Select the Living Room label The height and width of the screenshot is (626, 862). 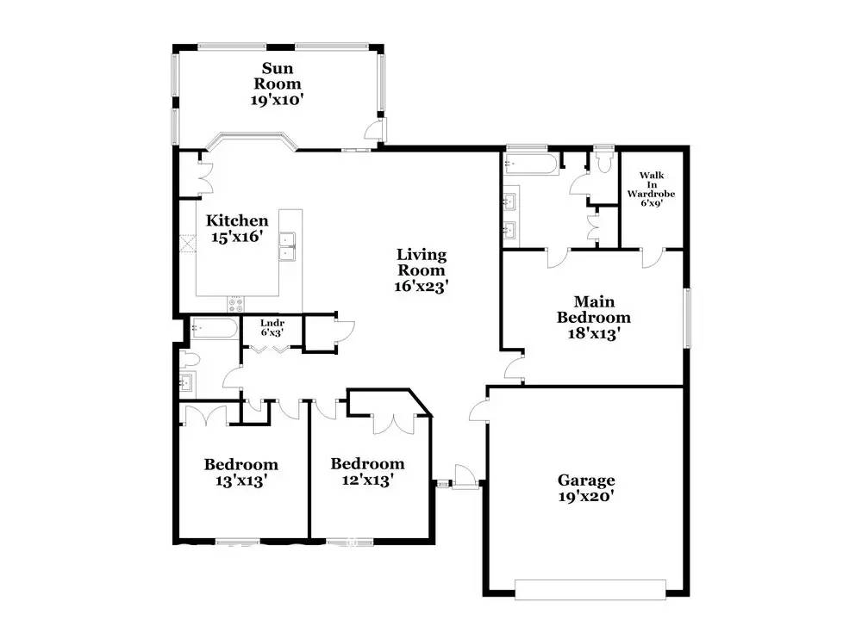click(422, 270)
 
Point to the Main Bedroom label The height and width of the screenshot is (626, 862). click(595, 317)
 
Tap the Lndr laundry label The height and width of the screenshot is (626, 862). click(272, 326)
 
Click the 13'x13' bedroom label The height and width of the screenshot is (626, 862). click(240, 473)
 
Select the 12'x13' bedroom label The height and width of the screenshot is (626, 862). click(367, 472)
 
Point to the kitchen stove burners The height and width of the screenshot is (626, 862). click(235, 304)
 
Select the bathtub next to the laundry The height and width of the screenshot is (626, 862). click(213, 328)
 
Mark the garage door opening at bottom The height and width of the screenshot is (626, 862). click(590, 590)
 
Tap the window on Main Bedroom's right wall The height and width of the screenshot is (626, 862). click(687, 319)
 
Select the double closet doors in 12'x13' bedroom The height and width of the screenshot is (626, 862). click(394, 425)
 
